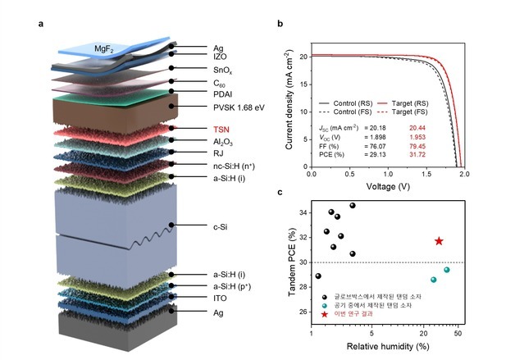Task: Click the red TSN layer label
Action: (221, 130)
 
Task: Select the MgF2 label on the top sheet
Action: (104, 49)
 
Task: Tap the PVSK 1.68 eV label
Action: (239, 107)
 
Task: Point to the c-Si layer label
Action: (221, 227)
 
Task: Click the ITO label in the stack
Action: (220, 298)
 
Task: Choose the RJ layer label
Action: (218, 153)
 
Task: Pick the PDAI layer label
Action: (223, 94)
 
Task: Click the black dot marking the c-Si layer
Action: (171, 225)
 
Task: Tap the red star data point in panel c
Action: (439, 241)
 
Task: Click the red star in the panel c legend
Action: (325, 314)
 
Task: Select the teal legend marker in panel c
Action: (325, 306)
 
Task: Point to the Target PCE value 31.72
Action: (417, 154)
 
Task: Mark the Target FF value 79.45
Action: (417, 146)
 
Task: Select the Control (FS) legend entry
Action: (345, 112)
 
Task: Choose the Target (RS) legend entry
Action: (403, 103)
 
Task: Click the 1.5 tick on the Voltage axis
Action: (426, 174)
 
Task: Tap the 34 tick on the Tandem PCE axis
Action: (303, 213)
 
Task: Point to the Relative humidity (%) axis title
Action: (388, 346)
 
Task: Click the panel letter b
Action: (280, 23)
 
